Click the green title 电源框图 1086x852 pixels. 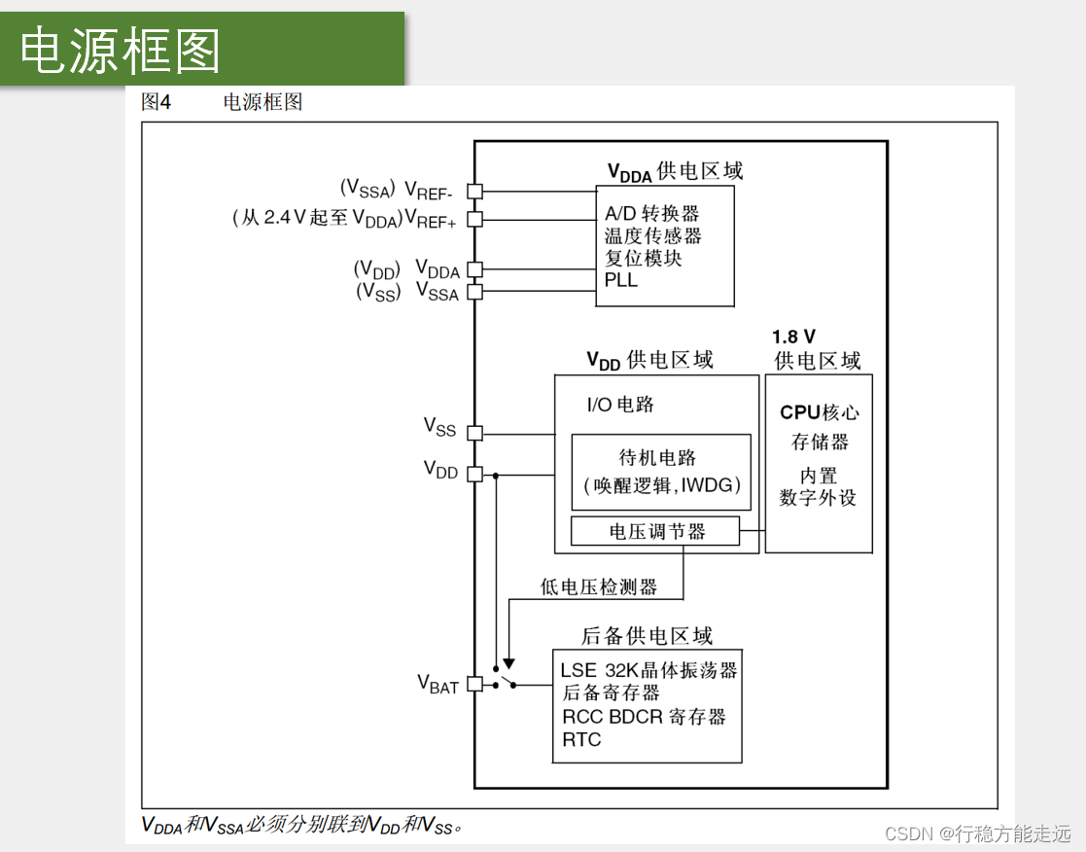(x=121, y=50)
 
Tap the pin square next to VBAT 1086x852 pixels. (x=474, y=684)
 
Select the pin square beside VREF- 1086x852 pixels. (x=474, y=192)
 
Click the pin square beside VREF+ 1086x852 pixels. (x=474, y=219)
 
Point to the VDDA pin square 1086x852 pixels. (x=474, y=269)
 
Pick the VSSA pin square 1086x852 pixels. (x=474, y=291)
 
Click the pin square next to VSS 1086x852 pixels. (x=474, y=432)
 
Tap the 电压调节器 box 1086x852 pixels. (x=655, y=531)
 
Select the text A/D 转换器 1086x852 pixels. (x=651, y=213)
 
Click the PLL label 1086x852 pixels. (x=621, y=280)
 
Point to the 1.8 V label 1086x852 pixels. (x=793, y=337)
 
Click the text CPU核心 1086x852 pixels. (x=820, y=412)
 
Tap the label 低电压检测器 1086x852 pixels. (x=599, y=586)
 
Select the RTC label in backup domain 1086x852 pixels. (x=581, y=739)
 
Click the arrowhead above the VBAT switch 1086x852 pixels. (x=508, y=664)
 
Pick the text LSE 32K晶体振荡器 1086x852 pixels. (x=648, y=670)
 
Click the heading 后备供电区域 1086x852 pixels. (x=647, y=636)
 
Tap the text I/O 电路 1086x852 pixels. (x=620, y=404)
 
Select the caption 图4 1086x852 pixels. (x=156, y=102)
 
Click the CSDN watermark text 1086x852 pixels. (x=978, y=834)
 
